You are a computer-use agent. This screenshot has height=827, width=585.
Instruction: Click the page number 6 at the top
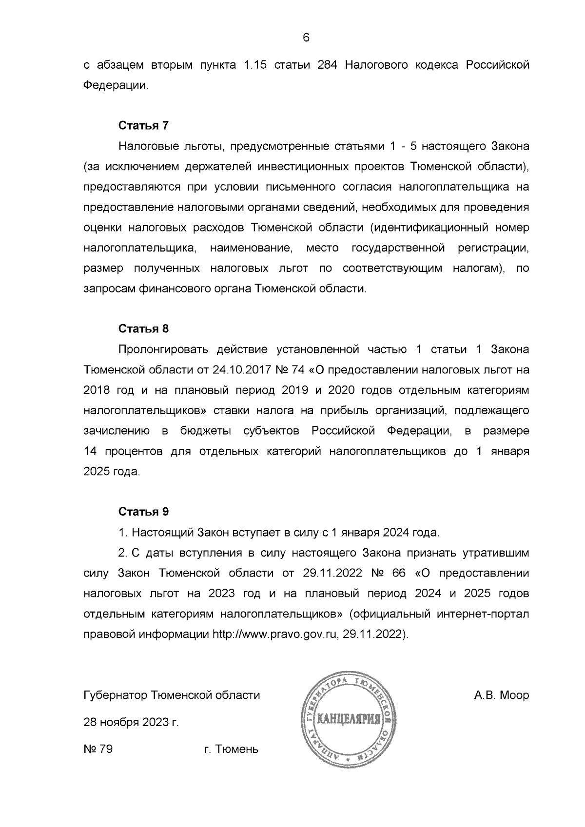coord(306,38)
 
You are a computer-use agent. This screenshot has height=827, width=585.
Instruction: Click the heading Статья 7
coord(143,125)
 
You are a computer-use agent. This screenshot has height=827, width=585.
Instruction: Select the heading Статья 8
coord(143,328)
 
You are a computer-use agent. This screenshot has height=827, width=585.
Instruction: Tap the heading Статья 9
coord(143,512)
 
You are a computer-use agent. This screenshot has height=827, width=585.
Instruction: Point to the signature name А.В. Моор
coord(501,695)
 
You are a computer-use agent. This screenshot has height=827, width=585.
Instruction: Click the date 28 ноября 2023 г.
coord(131,722)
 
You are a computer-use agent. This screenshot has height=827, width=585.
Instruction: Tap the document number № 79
coord(98,749)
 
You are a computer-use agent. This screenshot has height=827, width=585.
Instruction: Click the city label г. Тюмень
coord(231,749)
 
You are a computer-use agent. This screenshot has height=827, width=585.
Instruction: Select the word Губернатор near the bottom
coord(116,695)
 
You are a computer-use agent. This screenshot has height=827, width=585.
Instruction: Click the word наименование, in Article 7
coord(251,248)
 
